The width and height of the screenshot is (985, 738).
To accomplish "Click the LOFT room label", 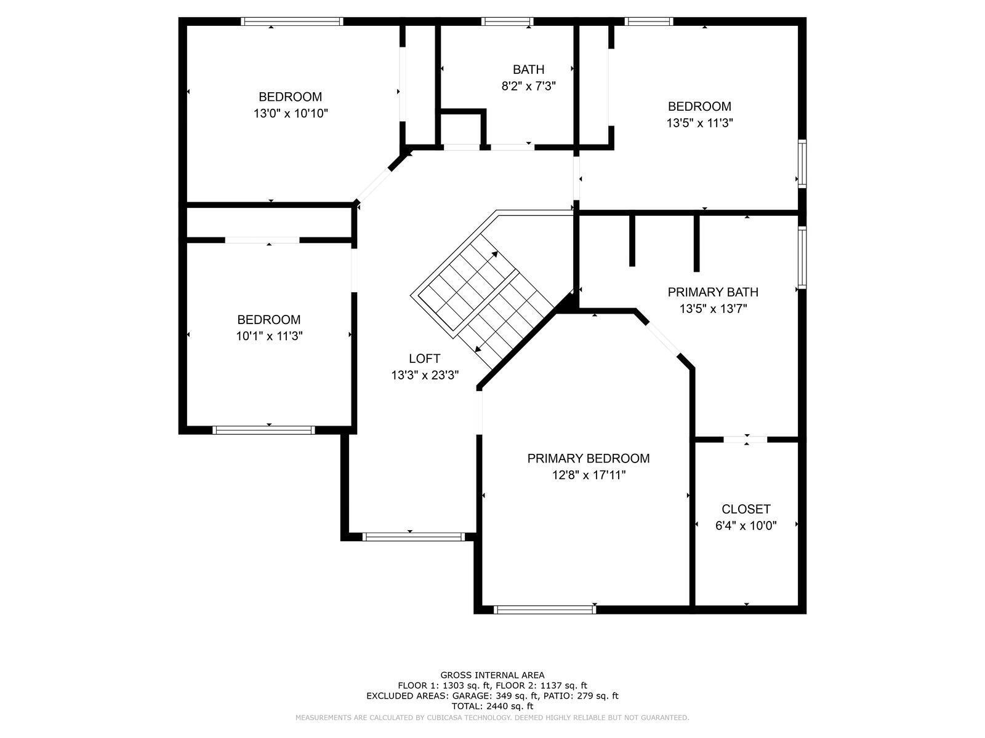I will click(424, 359).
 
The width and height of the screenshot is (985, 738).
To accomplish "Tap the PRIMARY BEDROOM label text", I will click(588, 458).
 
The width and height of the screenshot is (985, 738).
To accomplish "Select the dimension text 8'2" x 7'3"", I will click(528, 86).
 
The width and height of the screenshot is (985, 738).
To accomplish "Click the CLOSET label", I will click(746, 509).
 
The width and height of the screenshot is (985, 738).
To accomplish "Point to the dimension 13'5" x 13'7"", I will click(713, 309).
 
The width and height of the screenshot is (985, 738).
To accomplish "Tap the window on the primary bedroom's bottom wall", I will click(545, 609).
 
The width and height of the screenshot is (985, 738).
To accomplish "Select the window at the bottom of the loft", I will click(413, 537).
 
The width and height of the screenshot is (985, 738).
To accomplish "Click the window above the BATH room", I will click(507, 22).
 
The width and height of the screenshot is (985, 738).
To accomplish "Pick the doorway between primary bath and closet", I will click(745, 439).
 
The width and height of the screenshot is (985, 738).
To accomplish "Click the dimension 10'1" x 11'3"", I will click(269, 336).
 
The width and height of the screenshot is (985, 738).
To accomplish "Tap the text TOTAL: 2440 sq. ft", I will click(492, 707).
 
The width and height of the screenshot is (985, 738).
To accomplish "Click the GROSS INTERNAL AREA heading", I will click(492, 675).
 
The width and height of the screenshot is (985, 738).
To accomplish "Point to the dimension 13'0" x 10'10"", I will click(290, 114).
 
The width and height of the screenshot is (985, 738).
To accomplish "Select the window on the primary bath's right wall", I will click(802, 257).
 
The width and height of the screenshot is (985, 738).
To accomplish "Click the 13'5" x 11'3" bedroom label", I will click(699, 106).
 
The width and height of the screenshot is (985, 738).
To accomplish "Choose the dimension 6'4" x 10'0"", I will click(746, 526).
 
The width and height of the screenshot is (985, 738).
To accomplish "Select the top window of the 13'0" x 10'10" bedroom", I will click(292, 22).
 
